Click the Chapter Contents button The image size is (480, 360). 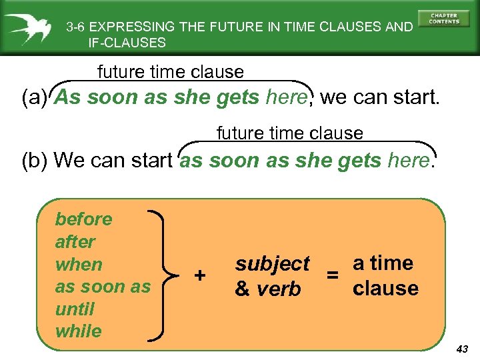tap(444, 19)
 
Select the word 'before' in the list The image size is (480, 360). tap(83, 219)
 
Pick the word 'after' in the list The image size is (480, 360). tap(75, 241)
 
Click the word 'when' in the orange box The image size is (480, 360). tap(79, 264)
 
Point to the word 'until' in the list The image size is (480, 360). tap(75, 309)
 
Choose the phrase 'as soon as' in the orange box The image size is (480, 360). tap(103, 287)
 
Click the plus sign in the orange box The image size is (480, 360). tap(199, 275)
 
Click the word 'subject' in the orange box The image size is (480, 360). tap(272, 264)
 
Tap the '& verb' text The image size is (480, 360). tap(267, 289)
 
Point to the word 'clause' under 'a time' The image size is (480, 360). tap(385, 289)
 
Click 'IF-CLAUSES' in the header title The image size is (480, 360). tap(127, 43)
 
